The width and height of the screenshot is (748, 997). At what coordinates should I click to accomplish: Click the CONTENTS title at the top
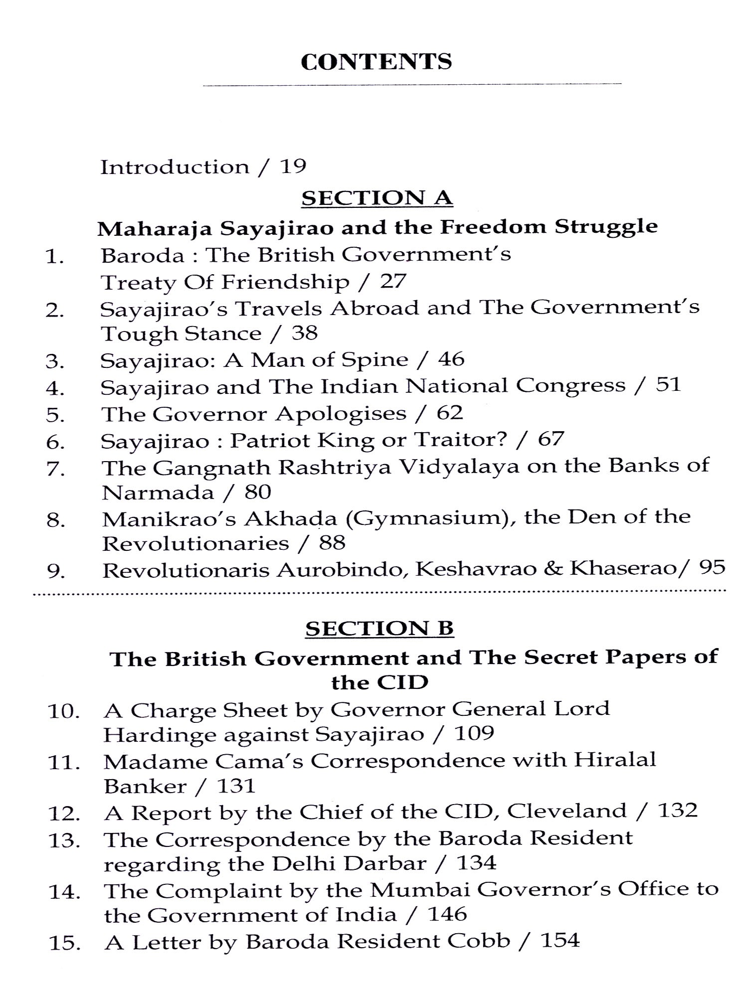tap(376, 62)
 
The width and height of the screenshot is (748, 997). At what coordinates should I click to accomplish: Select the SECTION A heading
tap(377, 198)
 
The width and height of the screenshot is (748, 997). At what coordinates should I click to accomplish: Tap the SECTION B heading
tap(379, 628)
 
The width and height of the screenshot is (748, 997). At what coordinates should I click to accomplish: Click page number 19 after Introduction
tap(293, 166)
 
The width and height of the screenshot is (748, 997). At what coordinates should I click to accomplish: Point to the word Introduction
tap(175, 166)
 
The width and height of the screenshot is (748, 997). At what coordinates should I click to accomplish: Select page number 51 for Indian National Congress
tap(668, 385)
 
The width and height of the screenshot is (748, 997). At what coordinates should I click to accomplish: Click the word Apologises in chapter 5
tap(341, 413)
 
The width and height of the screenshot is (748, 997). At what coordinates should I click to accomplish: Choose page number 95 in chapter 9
tap(712, 567)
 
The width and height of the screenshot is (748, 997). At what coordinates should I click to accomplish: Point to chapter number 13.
tap(64, 841)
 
